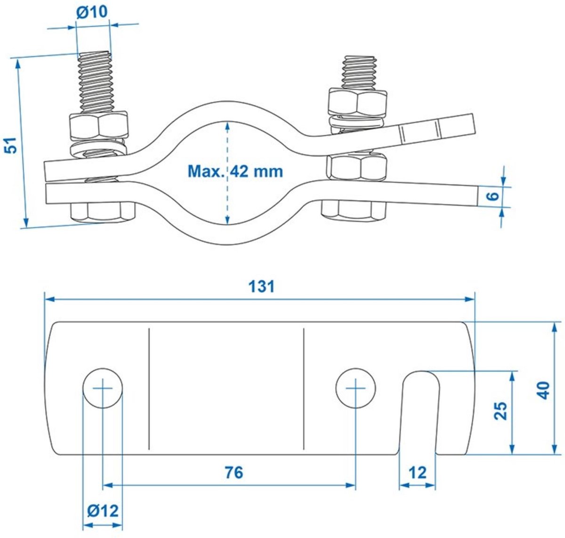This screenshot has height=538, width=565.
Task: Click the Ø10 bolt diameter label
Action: click(92, 12)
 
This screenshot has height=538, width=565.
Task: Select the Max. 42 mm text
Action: click(235, 171)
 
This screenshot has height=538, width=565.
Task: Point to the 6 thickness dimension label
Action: click(493, 196)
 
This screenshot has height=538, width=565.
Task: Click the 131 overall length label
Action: click(261, 286)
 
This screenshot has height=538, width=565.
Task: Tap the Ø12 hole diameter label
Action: click(103, 511)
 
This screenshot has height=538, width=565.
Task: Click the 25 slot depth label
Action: click(500, 410)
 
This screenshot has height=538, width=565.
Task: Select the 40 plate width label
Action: click(543, 390)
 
